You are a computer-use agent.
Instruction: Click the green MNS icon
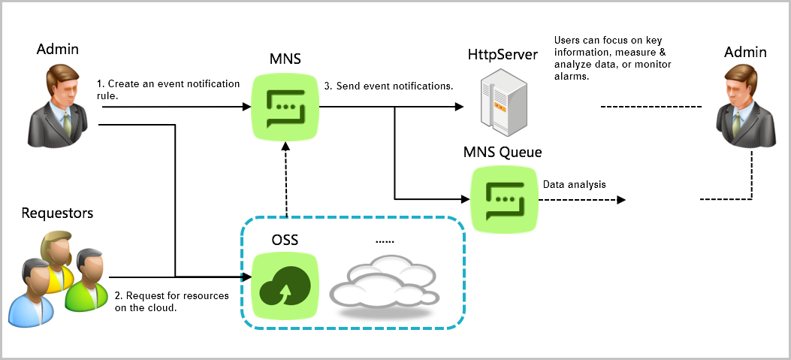click(x=286, y=107)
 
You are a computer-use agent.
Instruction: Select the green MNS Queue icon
click(x=503, y=198)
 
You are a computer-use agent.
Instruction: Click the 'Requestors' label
click(x=57, y=213)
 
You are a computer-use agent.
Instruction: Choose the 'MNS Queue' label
click(x=503, y=153)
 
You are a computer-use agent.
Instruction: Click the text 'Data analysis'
click(x=574, y=184)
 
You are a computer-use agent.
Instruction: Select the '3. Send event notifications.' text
click(x=388, y=86)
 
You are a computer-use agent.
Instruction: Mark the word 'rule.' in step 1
click(x=109, y=95)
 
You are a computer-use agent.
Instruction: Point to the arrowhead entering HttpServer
click(x=459, y=107)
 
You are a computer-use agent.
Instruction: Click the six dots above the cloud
click(x=385, y=242)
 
